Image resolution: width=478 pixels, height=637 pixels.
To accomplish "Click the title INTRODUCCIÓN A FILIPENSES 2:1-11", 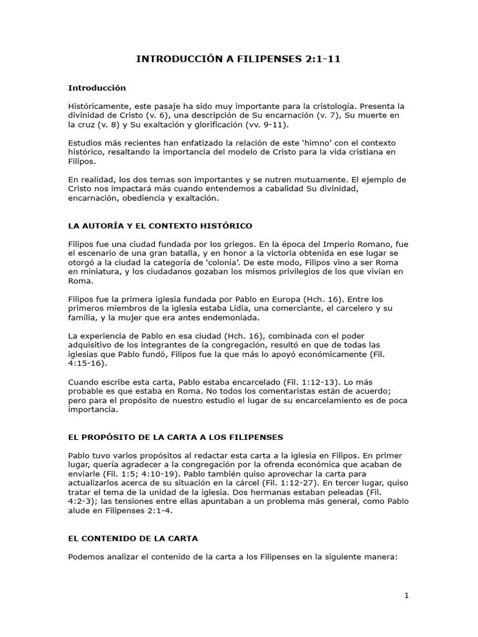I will (x=239, y=60).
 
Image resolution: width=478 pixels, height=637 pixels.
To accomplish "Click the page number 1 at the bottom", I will (x=406, y=595).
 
